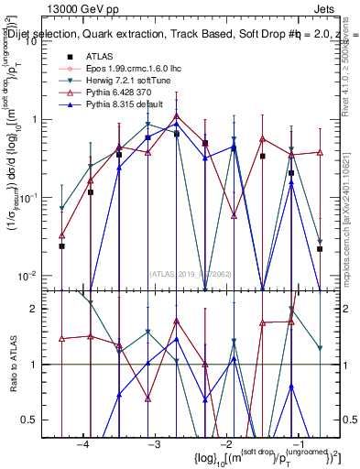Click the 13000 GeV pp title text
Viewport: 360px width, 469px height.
[x=87, y=8]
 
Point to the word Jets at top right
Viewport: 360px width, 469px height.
[x=336, y=8]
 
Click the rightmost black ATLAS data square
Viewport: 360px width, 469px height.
[x=320, y=248]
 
